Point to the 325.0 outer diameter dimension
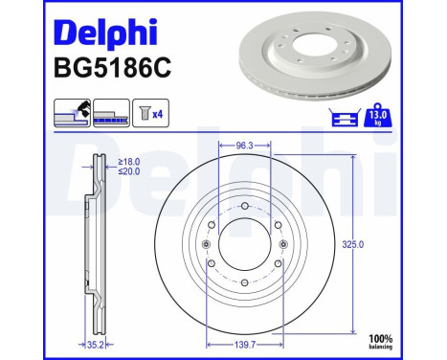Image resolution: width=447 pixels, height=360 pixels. click(353, 244)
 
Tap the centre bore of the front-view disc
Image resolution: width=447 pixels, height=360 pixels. click(245, 245)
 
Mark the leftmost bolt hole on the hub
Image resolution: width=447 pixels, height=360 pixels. click(209, 245)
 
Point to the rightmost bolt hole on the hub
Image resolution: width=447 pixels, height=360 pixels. click(281, 245)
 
